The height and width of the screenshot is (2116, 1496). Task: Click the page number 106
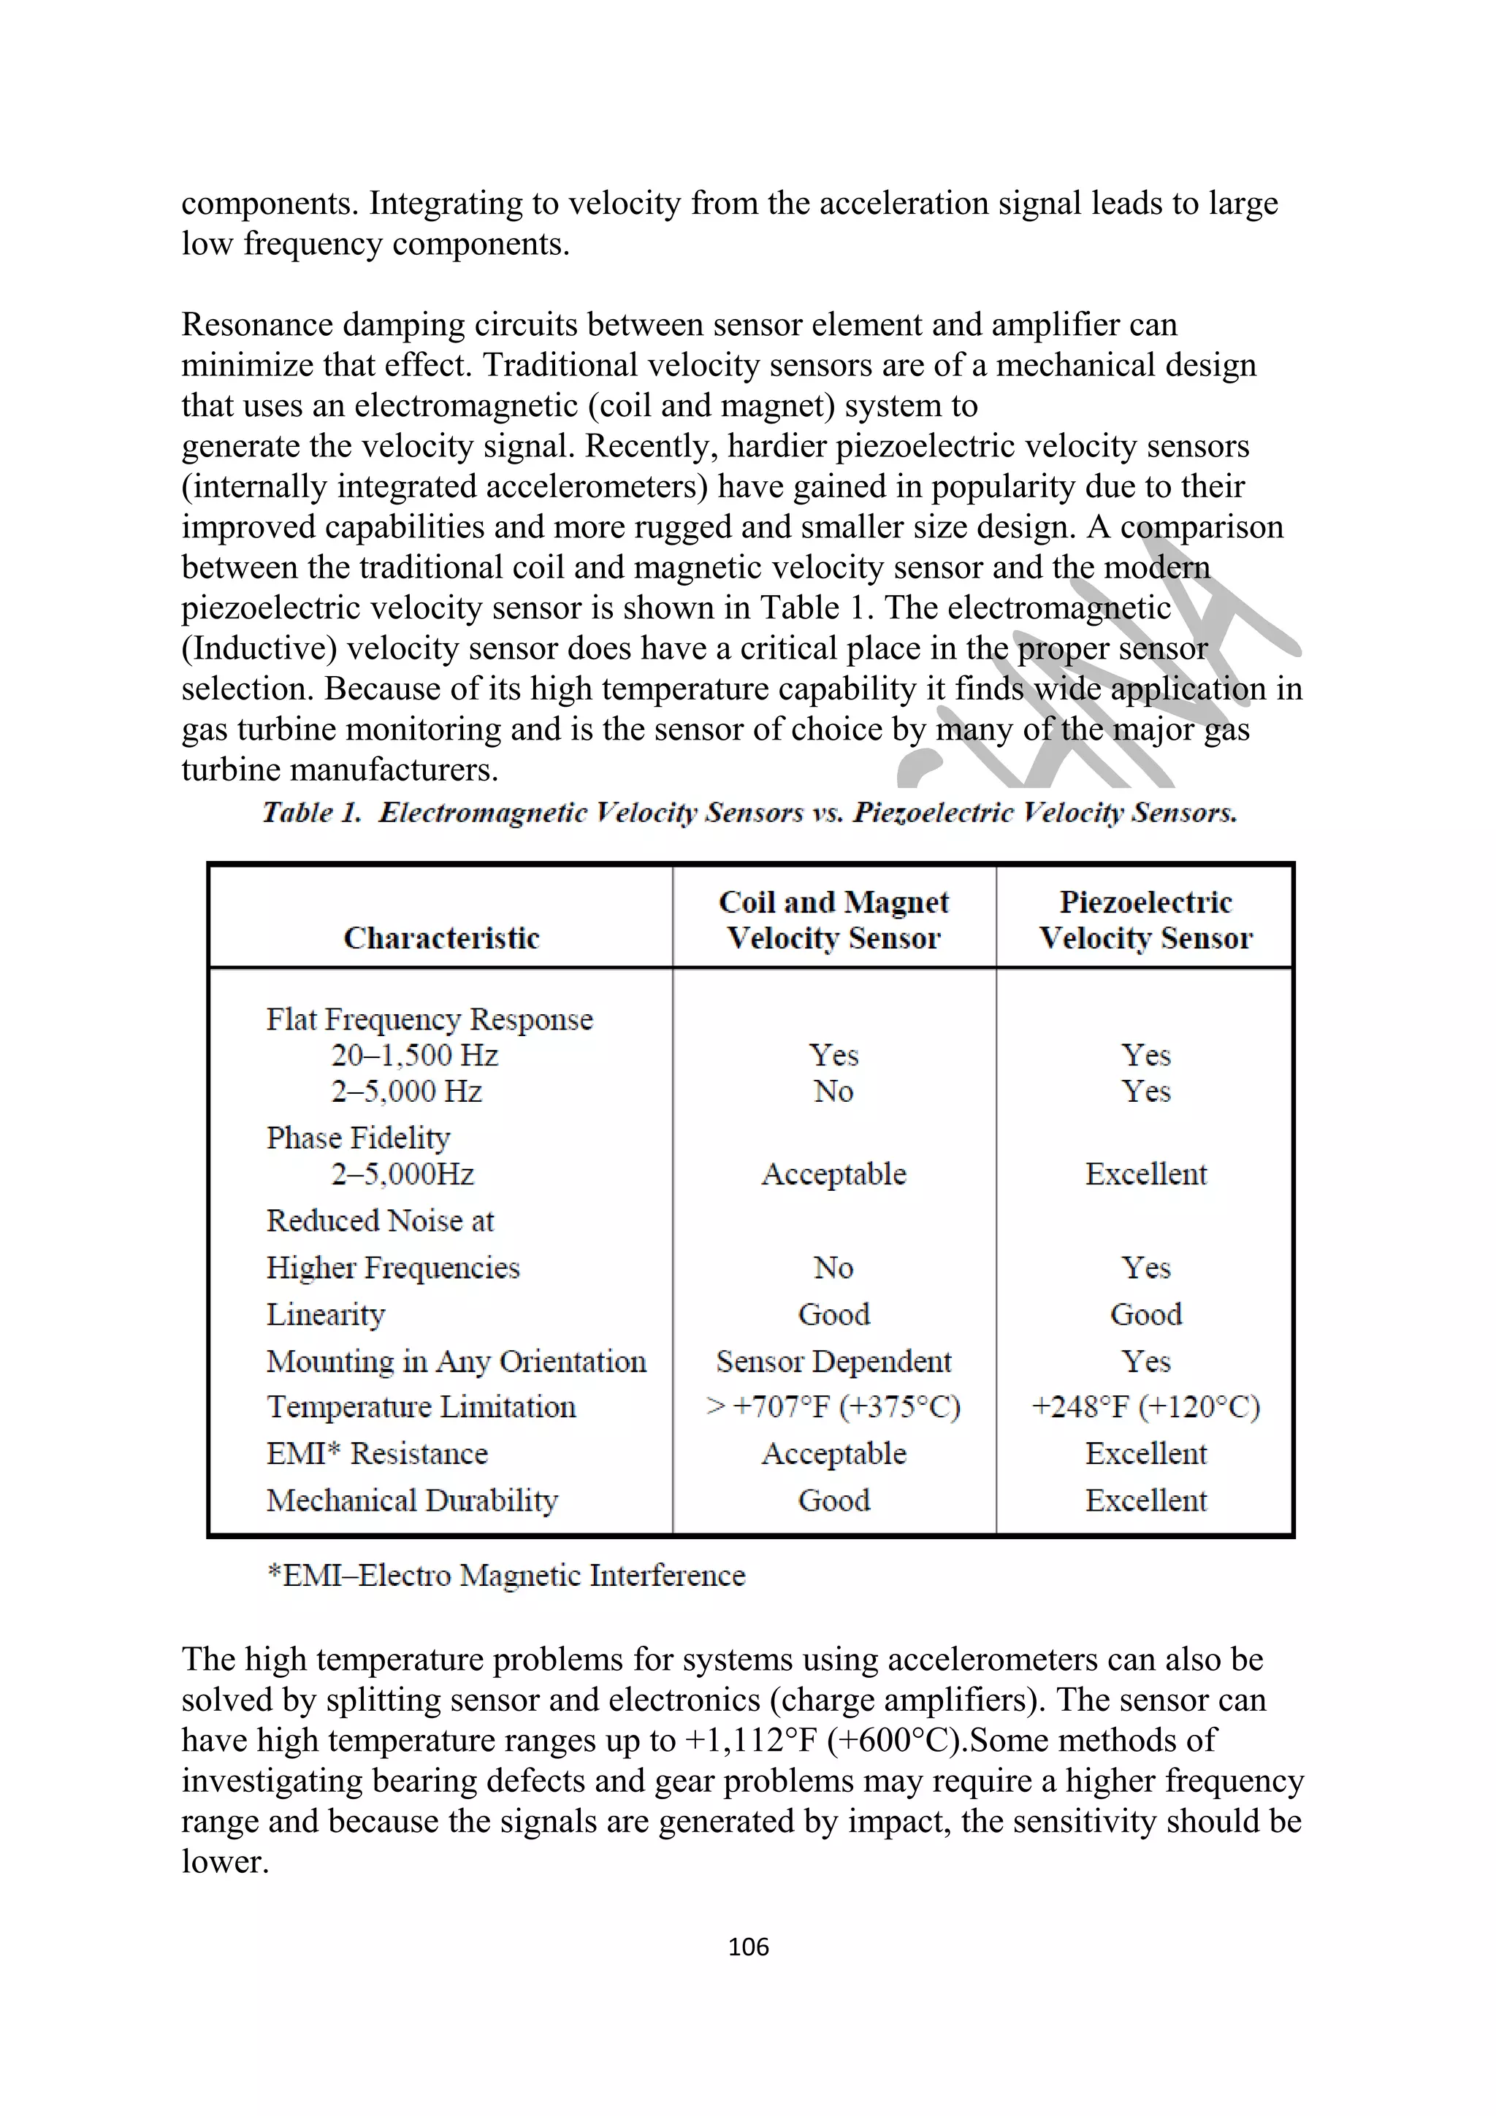[747, 1947]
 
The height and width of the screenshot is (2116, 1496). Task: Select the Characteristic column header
[441, 938]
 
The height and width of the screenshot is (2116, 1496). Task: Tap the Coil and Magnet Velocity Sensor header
[833, 920]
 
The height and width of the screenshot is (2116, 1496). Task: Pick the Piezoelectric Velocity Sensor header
[1145, 920]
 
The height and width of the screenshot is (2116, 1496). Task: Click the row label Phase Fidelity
[358, 1138]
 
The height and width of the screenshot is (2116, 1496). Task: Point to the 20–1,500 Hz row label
[415, 1055]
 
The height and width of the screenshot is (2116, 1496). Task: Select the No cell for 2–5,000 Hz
[833, 1091]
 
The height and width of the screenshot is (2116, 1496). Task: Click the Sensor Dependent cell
[833, 1361]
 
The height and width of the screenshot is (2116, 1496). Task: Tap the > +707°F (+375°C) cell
[833, 1407]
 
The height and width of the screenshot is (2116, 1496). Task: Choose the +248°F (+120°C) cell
[1145, 1407]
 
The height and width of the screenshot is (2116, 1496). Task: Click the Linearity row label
[325, 1314]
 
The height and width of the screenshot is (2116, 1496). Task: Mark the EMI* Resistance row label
[377, 1453]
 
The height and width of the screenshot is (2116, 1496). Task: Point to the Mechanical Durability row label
[412, 1500]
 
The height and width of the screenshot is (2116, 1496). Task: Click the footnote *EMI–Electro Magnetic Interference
[505, 1575]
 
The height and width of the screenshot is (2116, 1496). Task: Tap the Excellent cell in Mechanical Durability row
[1145, 1500]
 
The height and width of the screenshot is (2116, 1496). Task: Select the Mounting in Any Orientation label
[457, 1361]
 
